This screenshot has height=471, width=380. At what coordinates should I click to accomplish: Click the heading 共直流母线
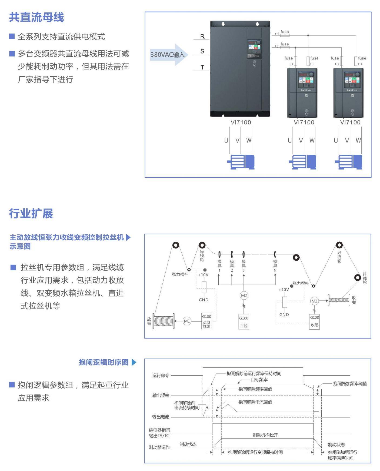point(36,17)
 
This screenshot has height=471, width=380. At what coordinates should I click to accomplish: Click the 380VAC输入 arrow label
point(168,55)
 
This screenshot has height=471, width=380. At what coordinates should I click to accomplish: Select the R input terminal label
point(202,37)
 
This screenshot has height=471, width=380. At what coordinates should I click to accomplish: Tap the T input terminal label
point(202,67)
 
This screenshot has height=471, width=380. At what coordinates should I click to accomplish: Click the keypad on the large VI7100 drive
point(254,49)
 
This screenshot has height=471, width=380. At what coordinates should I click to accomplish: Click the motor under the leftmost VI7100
point(241,162)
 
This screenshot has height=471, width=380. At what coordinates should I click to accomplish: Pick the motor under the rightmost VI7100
point(349,162)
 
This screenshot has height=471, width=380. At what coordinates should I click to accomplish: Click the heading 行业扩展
point(31,214)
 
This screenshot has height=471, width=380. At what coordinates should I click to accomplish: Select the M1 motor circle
point(187,321)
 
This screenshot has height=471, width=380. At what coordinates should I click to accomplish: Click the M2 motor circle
point(244,296)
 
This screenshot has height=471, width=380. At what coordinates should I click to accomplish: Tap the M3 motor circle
point(314,301)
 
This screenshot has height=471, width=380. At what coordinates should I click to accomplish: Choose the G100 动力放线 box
point(206,321)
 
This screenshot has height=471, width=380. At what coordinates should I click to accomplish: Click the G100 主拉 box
point(244,321)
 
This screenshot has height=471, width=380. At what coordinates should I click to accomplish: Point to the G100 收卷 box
point(315,321)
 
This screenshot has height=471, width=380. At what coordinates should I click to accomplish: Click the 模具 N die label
point(275,266)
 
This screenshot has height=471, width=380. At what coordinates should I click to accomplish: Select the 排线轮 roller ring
point(358,277)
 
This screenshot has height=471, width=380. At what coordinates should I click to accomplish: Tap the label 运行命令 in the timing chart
point(161,375)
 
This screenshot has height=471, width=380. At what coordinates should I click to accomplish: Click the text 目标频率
point(259,380)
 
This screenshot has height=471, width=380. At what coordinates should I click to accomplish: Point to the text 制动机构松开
point(265,435)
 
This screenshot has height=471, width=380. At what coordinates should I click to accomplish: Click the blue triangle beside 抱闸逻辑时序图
point(134,362)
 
